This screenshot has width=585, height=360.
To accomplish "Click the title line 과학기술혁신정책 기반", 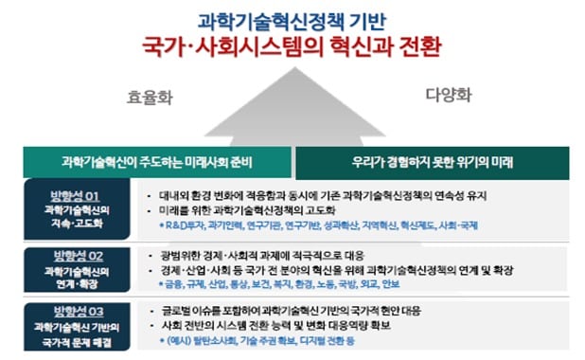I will pyautogui.click(x=292, y=19).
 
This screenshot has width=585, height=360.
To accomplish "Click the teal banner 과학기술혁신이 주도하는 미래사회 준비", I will pyautogui.click(x=156, y=159).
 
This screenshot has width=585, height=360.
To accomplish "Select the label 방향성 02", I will pyautogui.click(x=70, y=256).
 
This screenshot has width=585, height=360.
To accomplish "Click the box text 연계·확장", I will pyautogui.click(x=70, y=282).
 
